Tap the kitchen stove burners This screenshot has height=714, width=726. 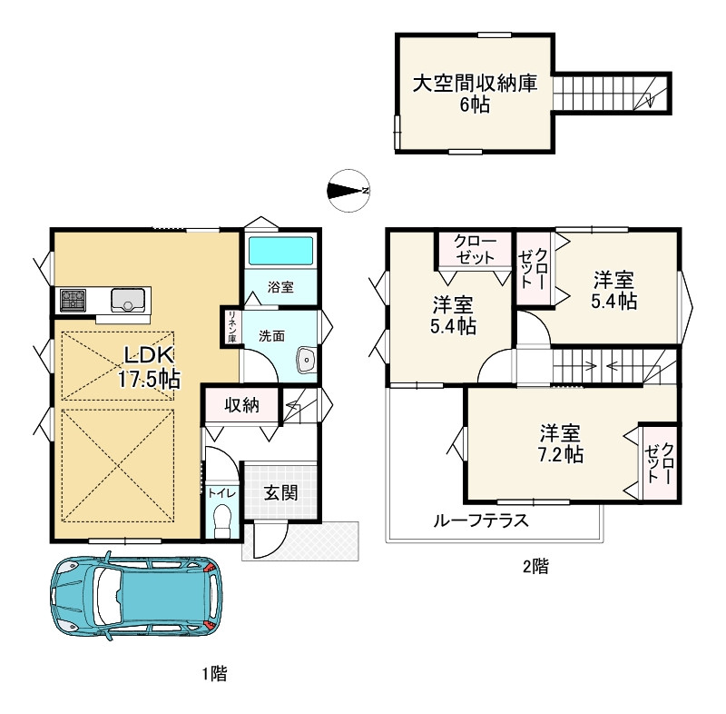click(73, 298)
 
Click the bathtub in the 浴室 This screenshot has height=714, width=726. click(280, 251)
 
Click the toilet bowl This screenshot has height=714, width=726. click(221, 519)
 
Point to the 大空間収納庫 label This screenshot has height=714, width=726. click(475, 84)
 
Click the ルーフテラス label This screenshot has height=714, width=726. click(481, 521)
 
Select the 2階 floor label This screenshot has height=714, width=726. click(535, 568)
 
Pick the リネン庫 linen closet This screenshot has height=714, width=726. click(232, 327)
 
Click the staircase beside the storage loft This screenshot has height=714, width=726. click(610, 94)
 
